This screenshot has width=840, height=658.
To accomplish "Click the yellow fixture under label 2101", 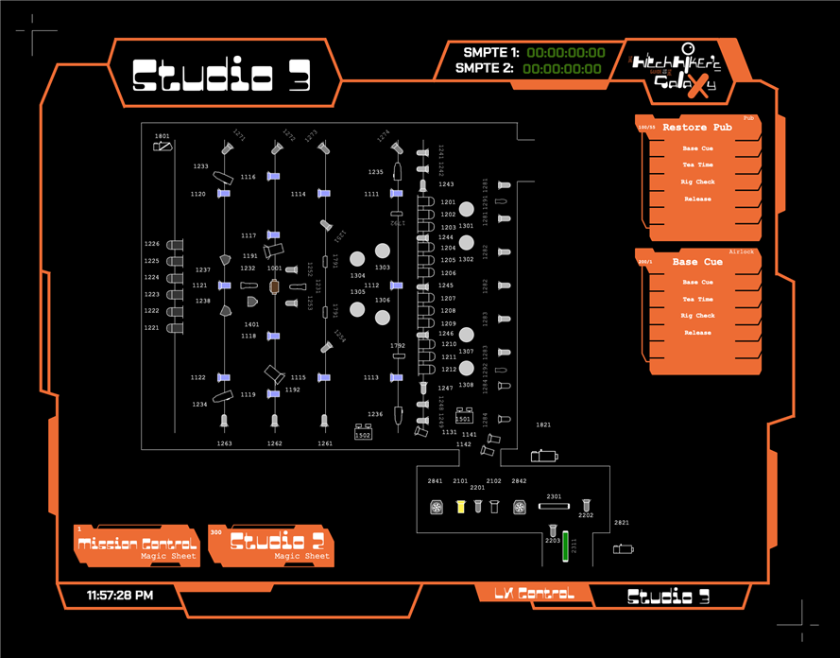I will [x=461, y=508].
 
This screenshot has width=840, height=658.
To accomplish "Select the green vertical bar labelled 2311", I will [x=565, y=547].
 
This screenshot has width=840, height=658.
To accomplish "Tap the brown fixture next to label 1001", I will [x=274, y=286].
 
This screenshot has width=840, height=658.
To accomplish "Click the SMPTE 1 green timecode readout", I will [x=565, y=53].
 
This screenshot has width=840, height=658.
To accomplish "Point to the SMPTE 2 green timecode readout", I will [x=562, y=68].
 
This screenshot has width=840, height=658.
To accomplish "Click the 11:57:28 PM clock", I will [x=120, y=596].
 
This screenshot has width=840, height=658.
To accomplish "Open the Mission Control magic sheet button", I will [x=137, y=545].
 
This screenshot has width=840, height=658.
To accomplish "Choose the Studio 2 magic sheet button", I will [x=270, y=545].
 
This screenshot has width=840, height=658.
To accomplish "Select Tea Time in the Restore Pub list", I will [x=697, y=165].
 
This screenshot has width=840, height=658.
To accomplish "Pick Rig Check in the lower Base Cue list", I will [x=697, y=316].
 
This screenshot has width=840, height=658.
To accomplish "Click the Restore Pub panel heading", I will [x=697, y=127].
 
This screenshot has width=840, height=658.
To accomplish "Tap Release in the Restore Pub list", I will [x=697, y=199].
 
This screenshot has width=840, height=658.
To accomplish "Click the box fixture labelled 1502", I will [x=362, y=433].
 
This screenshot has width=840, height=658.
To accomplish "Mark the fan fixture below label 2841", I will [x=436, y=508].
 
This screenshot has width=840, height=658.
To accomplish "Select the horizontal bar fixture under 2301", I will [x=554, y=507].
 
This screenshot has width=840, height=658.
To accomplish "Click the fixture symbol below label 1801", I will [x=163, y=147].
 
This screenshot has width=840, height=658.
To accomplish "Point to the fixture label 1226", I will [x=151, y=244].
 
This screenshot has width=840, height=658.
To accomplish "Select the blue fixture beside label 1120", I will [x=224, y=193].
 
